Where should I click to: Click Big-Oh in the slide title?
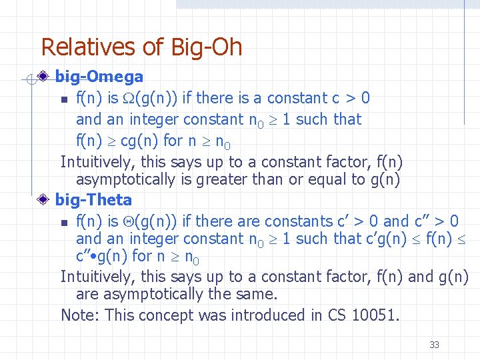(207, 48)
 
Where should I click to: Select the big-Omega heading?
(99, 77)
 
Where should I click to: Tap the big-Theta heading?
(94, 199)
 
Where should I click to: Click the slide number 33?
(434, 345)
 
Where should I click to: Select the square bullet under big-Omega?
(63, 100)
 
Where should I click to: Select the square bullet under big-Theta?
(63, 223)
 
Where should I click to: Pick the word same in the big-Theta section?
(254, 294)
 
